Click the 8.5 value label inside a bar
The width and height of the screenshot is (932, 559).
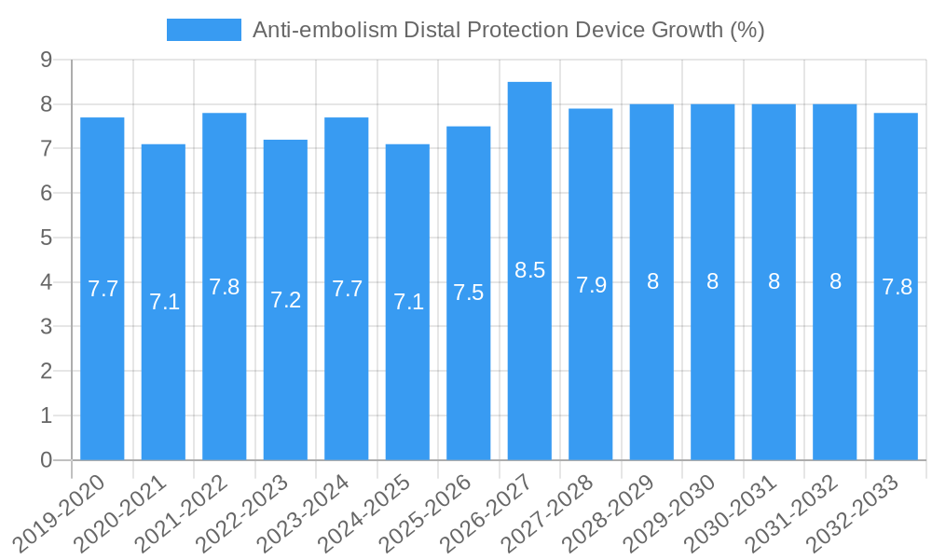[x=529, y=270]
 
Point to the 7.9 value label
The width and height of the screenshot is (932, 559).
[x=591, y=285]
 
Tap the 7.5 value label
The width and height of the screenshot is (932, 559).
[x=469, y=293]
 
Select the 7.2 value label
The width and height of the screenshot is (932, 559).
[x=285, y=300]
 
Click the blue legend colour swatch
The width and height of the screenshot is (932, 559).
[x=203, y=30]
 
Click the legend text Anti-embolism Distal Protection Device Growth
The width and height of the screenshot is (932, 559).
[x=509, y=30]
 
